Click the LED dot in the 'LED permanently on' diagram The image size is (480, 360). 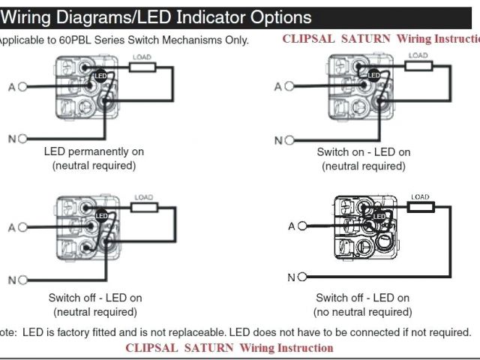coord(99,75)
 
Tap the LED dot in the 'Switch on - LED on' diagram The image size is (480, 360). coord(373,75)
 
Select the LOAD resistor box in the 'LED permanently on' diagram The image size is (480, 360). coord(142,67)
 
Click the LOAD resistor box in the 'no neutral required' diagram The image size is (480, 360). coord(421,206)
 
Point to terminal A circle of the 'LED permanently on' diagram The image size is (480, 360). coord(22,87)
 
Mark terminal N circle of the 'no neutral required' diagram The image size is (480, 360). coord(303,277)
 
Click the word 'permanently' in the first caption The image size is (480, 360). coord(94,151)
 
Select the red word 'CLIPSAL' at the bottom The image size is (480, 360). coord(150,348)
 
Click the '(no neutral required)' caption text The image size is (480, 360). coord(364,312)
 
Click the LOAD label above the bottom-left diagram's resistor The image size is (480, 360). coord(143,197)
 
